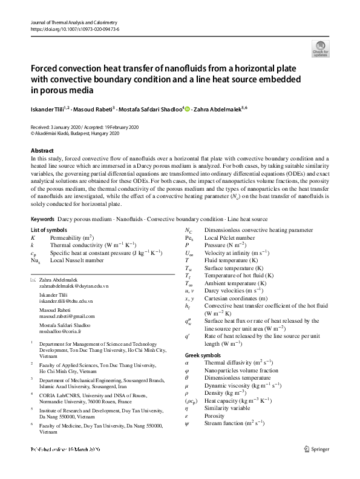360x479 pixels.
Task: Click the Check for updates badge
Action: tap(320, 49)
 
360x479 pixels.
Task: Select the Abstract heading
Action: tap(42, 150)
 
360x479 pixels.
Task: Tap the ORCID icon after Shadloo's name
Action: tap(187, 109)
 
